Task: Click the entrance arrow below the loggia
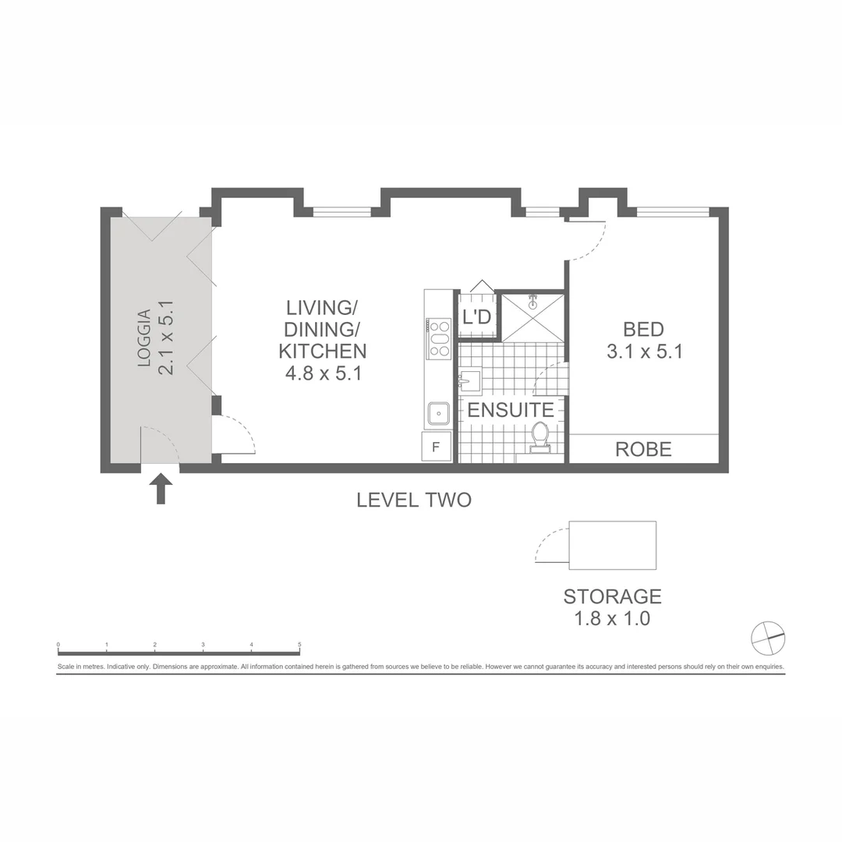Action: click(x=161, y=489)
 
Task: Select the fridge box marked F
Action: click(x=437, y=447)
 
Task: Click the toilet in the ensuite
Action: click(x=540, y=437)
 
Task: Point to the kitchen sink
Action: click(x=438, y=412)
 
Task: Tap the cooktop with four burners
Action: click(x=439, y=338)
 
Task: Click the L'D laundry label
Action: click(x=476, y=317)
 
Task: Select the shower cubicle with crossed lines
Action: click(x=532, y=317)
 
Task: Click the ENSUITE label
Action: click(x=511, y=410)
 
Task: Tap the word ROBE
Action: click(x=643, y=449)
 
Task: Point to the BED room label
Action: click(x=643, y=329)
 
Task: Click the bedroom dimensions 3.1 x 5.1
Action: click(x=645, y=352)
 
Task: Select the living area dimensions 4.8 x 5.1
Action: click(x=323, y=373)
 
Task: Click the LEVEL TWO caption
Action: click(x=414, y=501)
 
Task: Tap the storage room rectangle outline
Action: click(x=613, y=546)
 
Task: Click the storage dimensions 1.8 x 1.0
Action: click(x=612, y=620)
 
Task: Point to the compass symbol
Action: click(x=768, y=639)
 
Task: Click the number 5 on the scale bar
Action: click(x=299, y=645)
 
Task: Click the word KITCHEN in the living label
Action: click(x=323, y=351)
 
